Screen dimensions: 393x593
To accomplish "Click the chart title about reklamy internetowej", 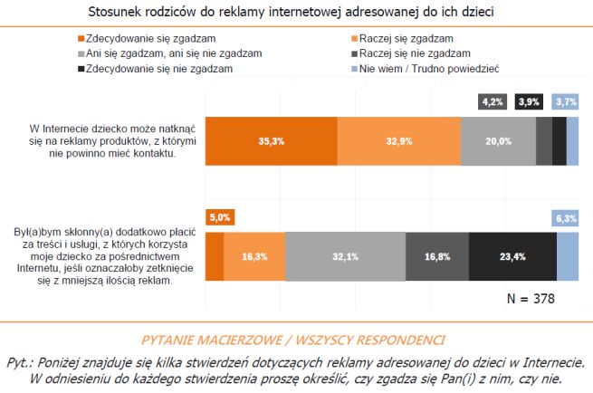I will [296, 12].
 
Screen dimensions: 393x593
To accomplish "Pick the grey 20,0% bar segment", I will [497, 140].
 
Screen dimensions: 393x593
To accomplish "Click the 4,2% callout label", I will [492, 101].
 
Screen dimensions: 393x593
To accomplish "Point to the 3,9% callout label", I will [529, 101].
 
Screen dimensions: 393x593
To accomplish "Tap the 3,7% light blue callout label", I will [566, 101].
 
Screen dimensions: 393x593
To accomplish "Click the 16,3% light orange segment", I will [254, 256].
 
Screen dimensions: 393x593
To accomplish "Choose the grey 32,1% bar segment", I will [345, 256].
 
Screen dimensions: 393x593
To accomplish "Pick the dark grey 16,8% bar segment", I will [437, 256].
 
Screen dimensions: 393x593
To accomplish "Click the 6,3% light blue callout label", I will [566, 217].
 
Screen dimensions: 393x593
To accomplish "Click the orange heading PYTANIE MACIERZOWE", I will [296, 340].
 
